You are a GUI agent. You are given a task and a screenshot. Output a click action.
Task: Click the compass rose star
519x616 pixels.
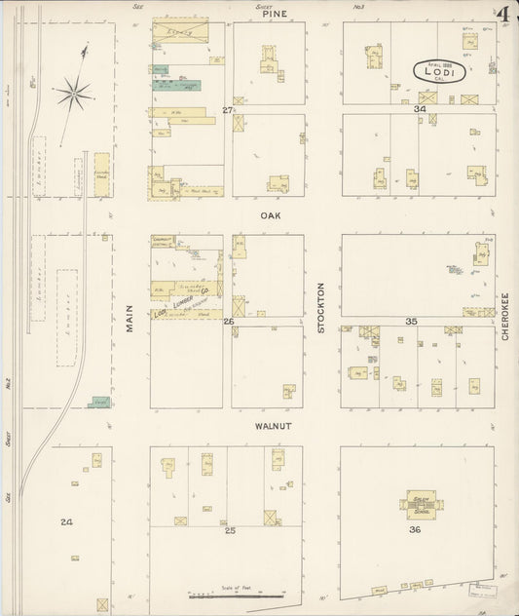pyautogui.click(x=73, y=94)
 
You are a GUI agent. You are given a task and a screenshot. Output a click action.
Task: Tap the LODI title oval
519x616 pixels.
pyautogui.click(x=438, y=71)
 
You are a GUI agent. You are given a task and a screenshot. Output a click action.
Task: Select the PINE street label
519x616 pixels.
pyautogui.click(x=274, y=15)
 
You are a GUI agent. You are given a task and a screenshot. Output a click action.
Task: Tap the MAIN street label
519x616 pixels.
pyautogui.click(x=129, y=319)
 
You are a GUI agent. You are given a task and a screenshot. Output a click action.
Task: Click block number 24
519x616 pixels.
pyautogui.click(x=66, y=522)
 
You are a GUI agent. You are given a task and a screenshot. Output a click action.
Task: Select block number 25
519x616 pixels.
pyautogui.click(x=231, y=531)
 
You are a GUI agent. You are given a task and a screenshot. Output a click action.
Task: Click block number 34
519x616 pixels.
pyautogui.click(x=420, y=109)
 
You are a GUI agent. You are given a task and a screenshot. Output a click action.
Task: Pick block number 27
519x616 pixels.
pyautogui.click(x=228, y=110)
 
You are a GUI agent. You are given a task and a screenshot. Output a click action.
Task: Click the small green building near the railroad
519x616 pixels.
pyautogui.click(x=98, y=401)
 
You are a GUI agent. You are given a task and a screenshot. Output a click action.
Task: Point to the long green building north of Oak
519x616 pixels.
pyautogui.click(x=176, y=85)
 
